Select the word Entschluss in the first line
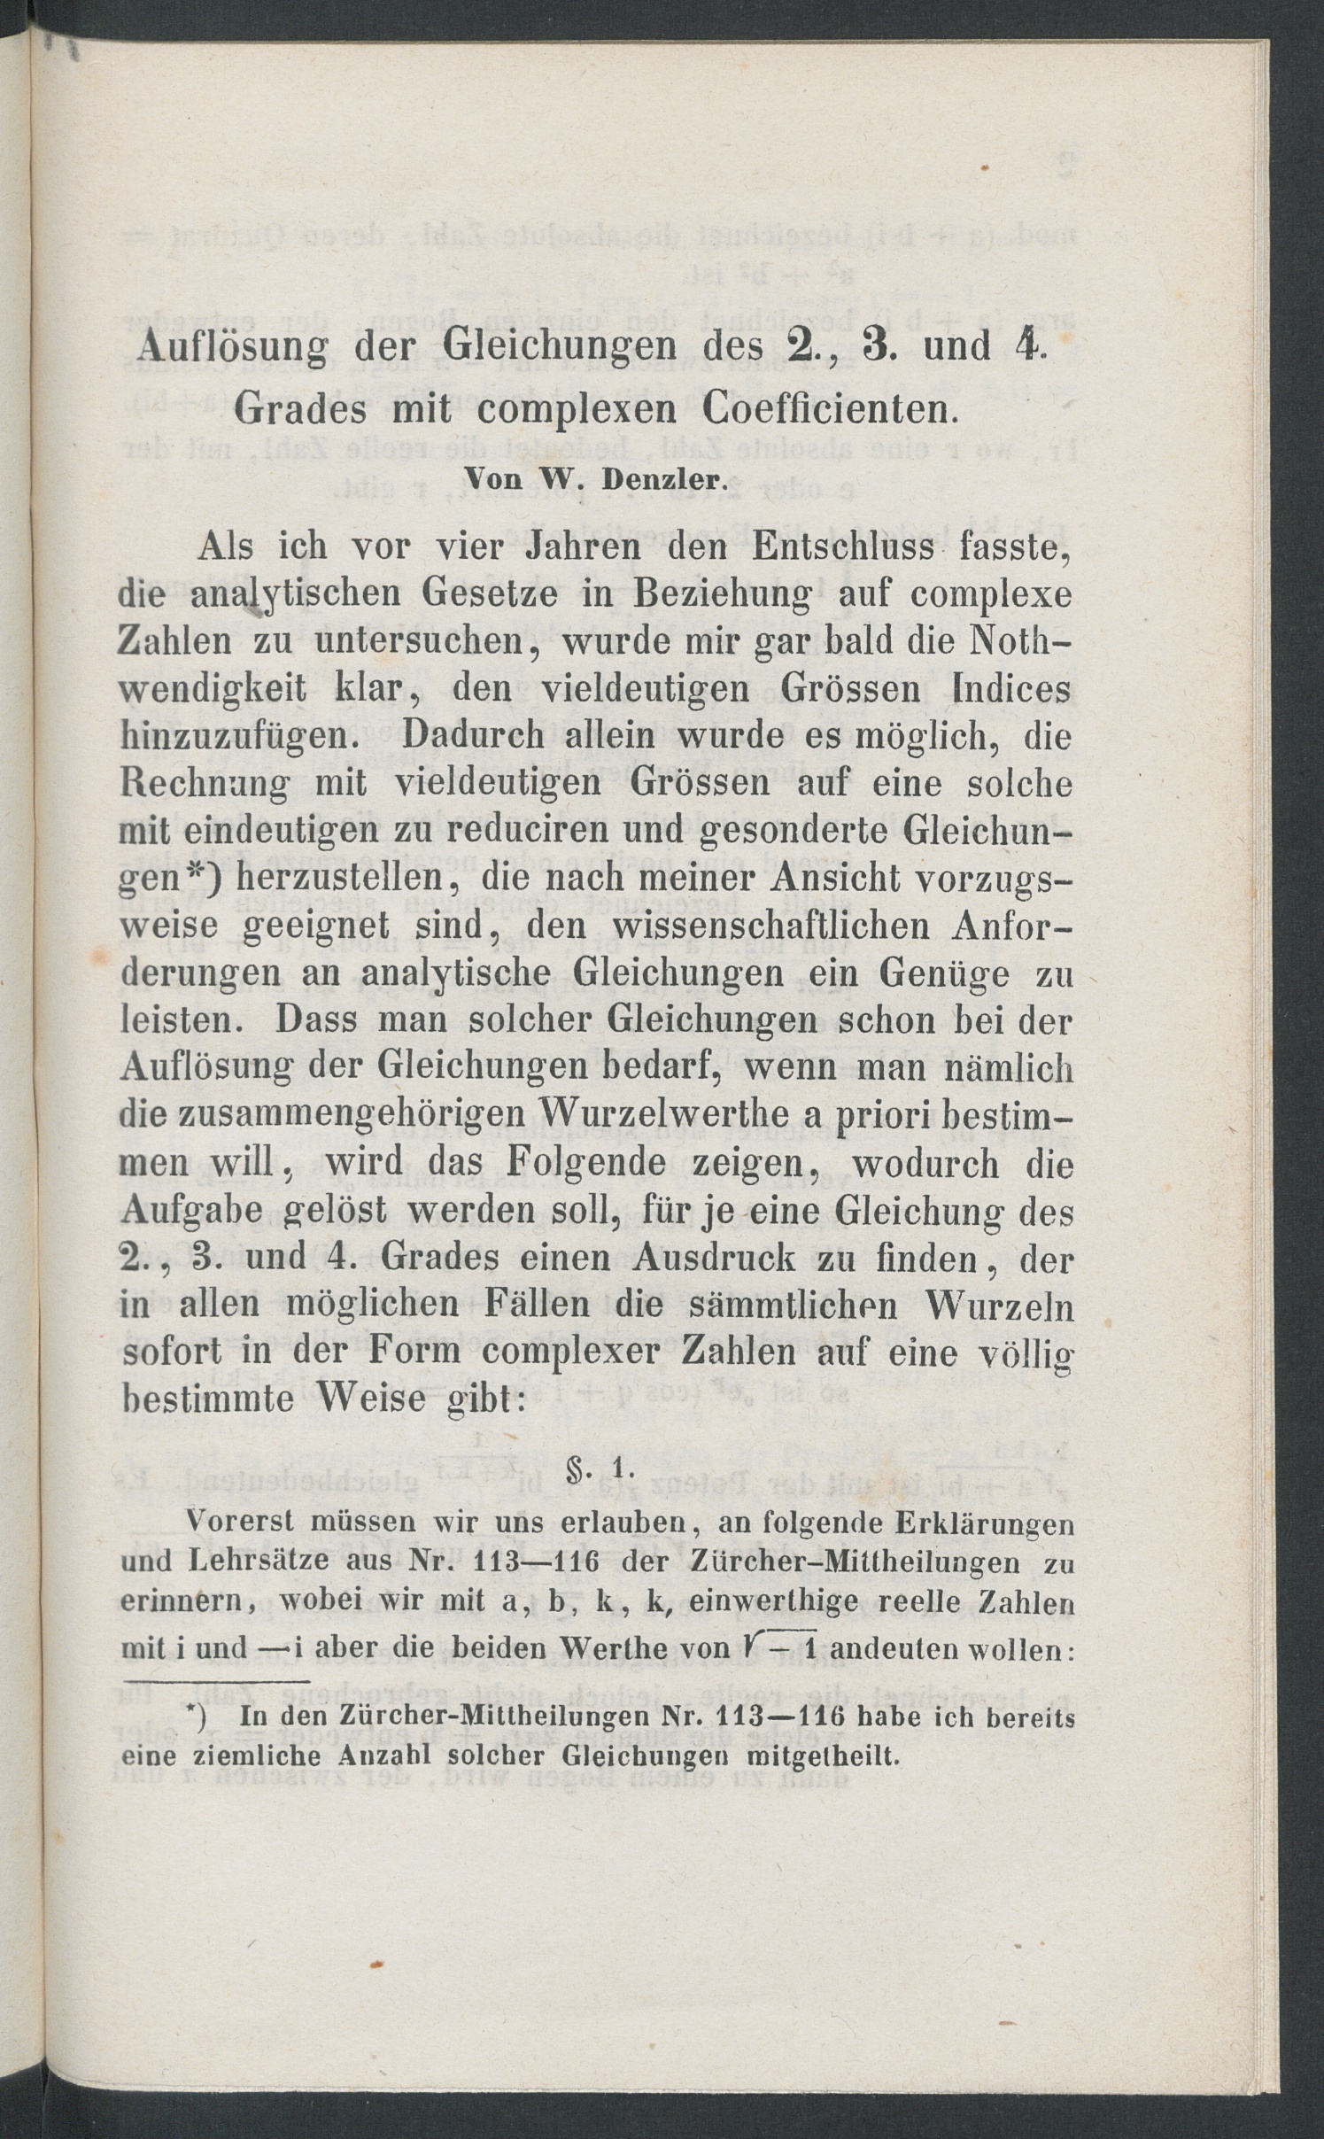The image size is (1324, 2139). click(x=843, y=548)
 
